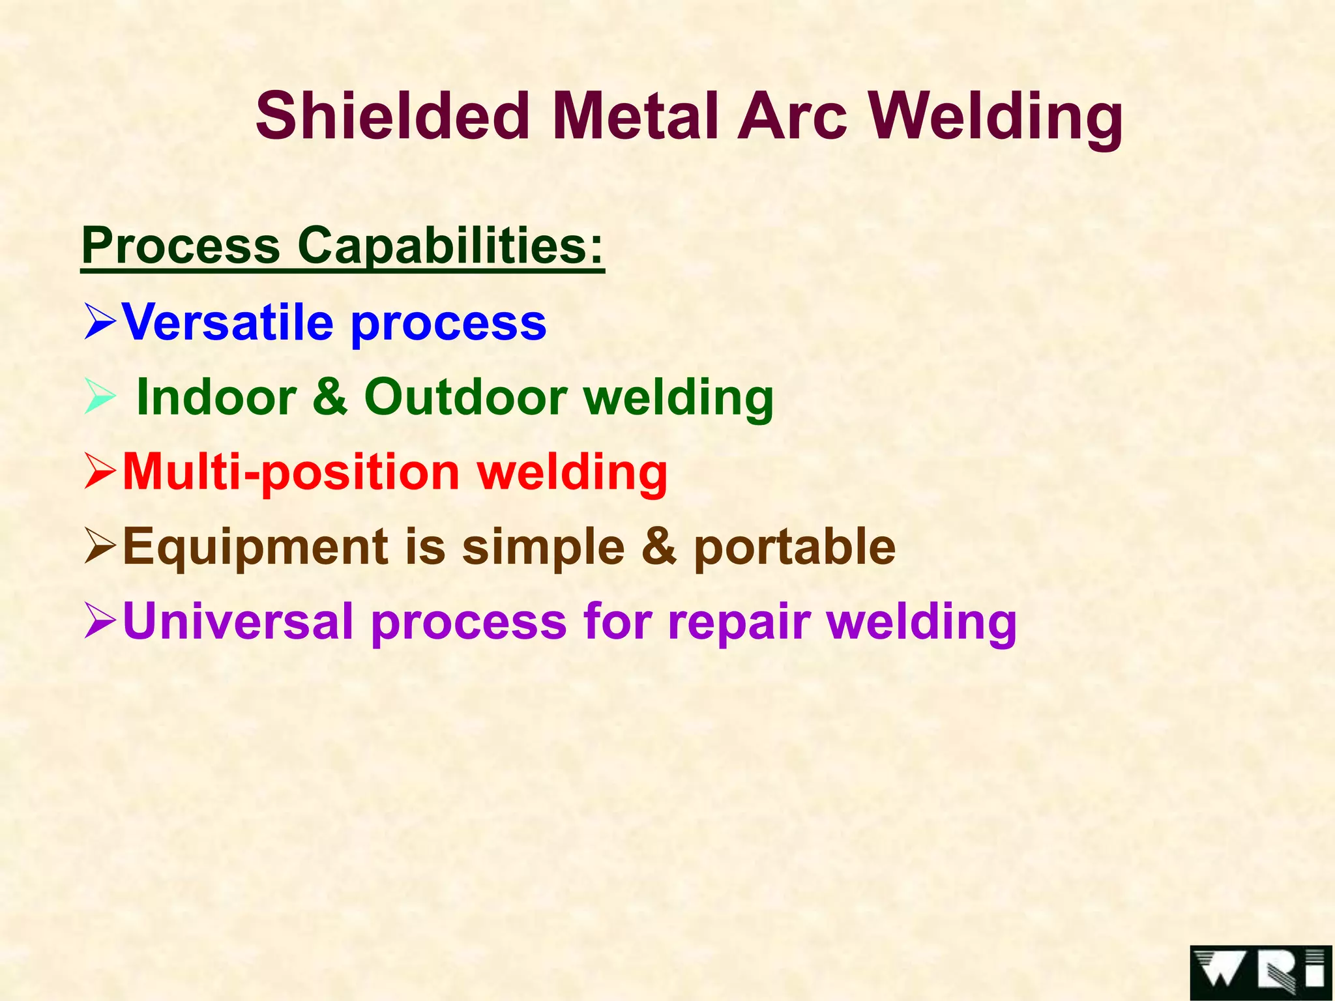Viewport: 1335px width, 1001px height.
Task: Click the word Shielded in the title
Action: point(392,116)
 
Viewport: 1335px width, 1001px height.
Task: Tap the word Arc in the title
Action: point(791,116)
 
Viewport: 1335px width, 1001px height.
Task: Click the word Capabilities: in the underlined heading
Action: point(450,246)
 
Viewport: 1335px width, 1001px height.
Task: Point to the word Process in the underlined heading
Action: point(181,246)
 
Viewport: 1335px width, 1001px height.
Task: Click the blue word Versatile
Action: point(227,322)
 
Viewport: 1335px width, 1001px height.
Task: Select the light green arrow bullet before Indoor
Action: point(100,398)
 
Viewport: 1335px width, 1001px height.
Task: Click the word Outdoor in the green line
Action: point(465,397)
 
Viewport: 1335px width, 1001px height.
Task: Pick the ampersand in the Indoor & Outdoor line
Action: point(330,397)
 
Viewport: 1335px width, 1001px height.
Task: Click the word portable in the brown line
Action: point(795,547)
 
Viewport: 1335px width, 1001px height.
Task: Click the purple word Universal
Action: point(238,621)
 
